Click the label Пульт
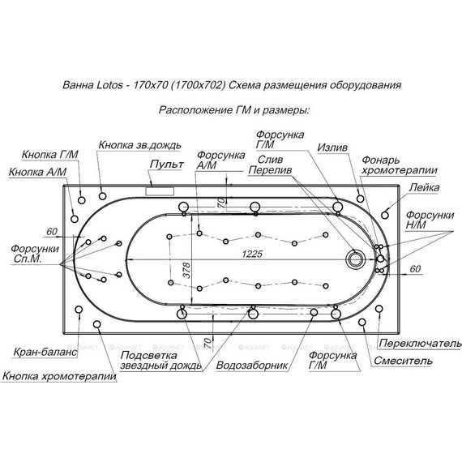(x=167, y=164)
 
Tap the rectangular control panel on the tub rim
(x=160, y=191)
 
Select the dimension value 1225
(x=252, y=254)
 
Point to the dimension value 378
(x=187, y=270)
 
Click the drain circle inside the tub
(x=356, y=259)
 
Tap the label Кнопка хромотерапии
(x=59, y=376)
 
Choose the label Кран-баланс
(x=45, y=352)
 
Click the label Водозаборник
(x=252, y=366)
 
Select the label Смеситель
(x=403, y=361)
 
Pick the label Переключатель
(x=420, y=344)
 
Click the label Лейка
(x=424, y=187)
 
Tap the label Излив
(x=332, y=148)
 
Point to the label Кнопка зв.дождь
(x=139, y=145)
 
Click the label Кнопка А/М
(x=38, y=172)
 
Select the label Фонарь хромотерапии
(x=400, y=165)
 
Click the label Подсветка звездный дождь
(x=160, y=361)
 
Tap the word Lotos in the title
(x=109, y=85)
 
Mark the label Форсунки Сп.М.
(x=35, y=254)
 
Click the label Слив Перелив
(x=270, y=165)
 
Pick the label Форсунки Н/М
(x=430, y=220)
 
